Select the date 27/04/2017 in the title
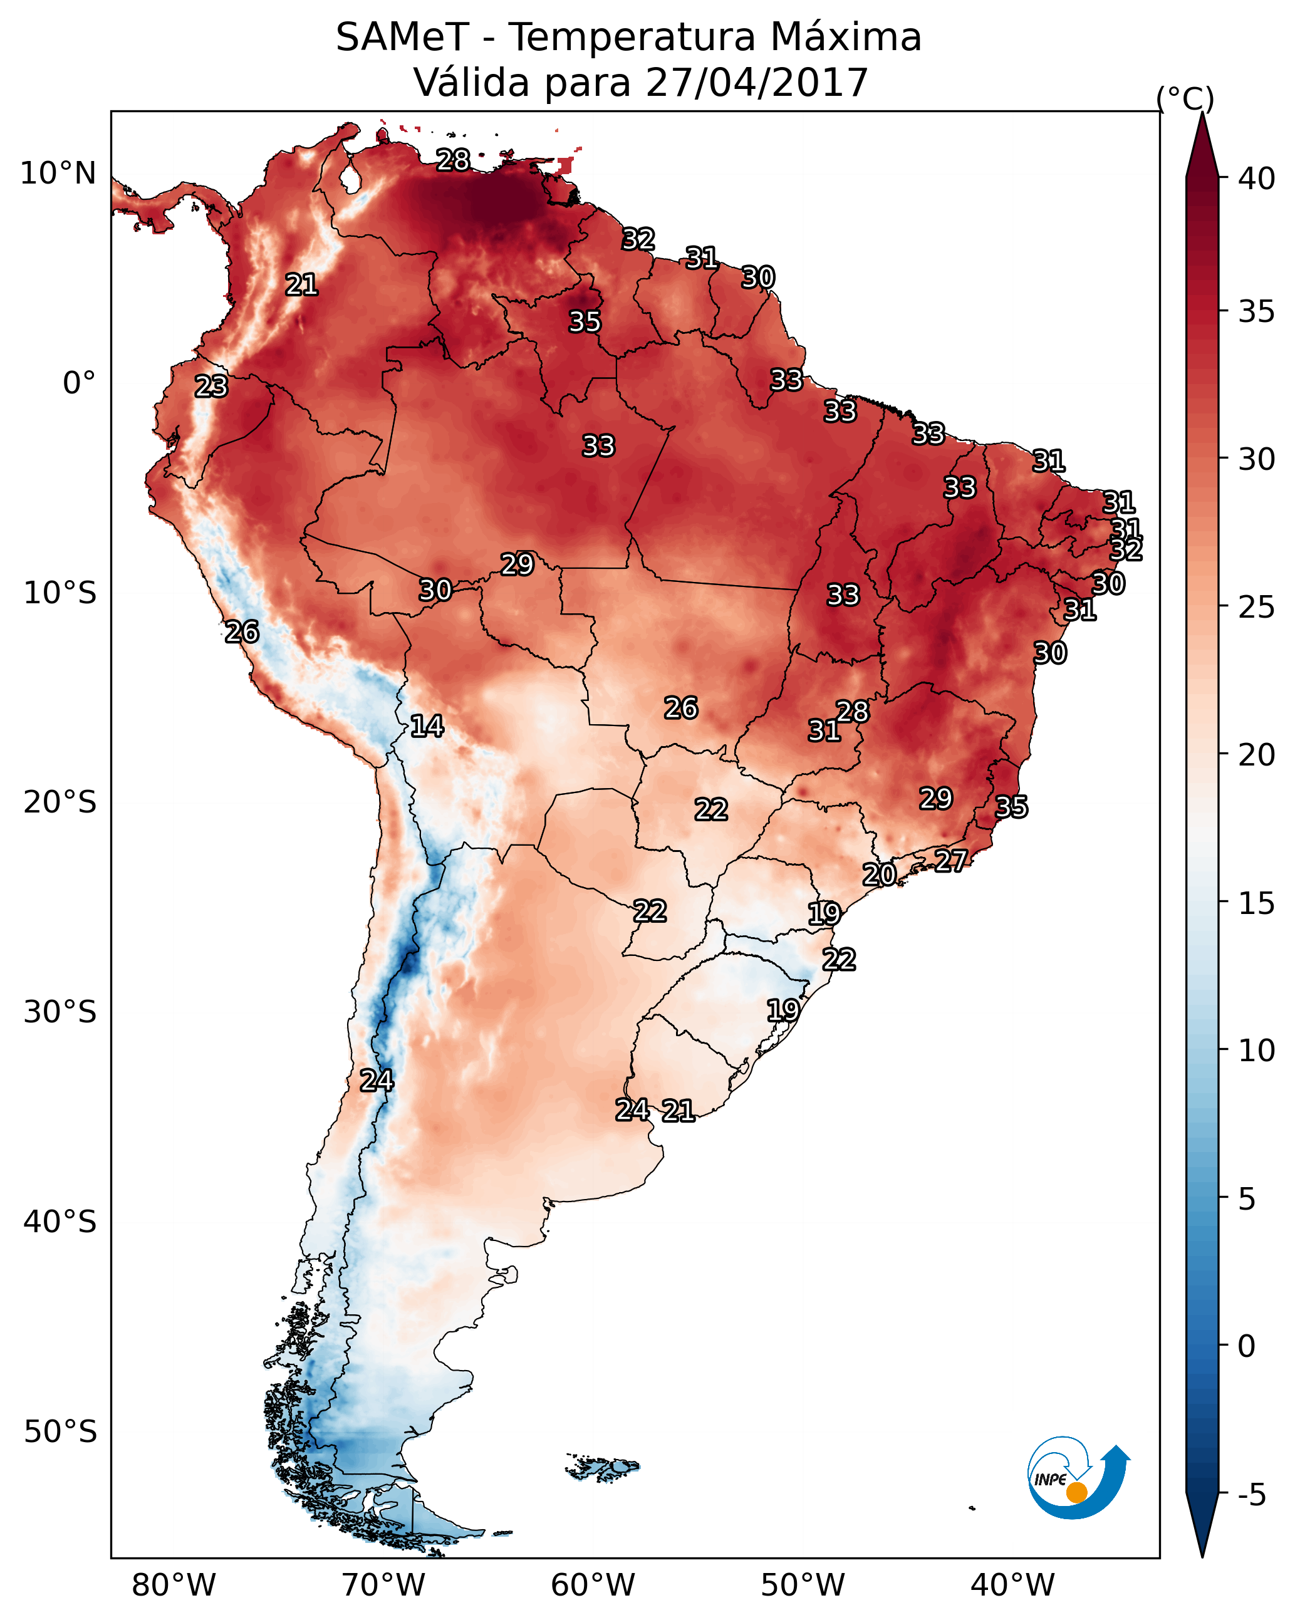(x=756, y=83)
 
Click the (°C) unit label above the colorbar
(x=1185, y=98)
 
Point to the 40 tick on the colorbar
(x=1256, y=179)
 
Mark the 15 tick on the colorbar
(x=1256, y=903)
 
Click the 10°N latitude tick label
(x=58, y=174)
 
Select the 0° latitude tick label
(x=79, y=383)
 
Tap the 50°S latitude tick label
(x=60, y=1432)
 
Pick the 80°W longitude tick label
(x=174, y=1586)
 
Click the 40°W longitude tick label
(x=1012, y=1586)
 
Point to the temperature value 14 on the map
(x=427, y=726)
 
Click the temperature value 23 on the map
(x=211, y=387)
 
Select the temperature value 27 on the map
(x=951, y=860)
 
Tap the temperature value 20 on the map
(x=878, y=874)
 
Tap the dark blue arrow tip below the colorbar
(x=1202, y=1529)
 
